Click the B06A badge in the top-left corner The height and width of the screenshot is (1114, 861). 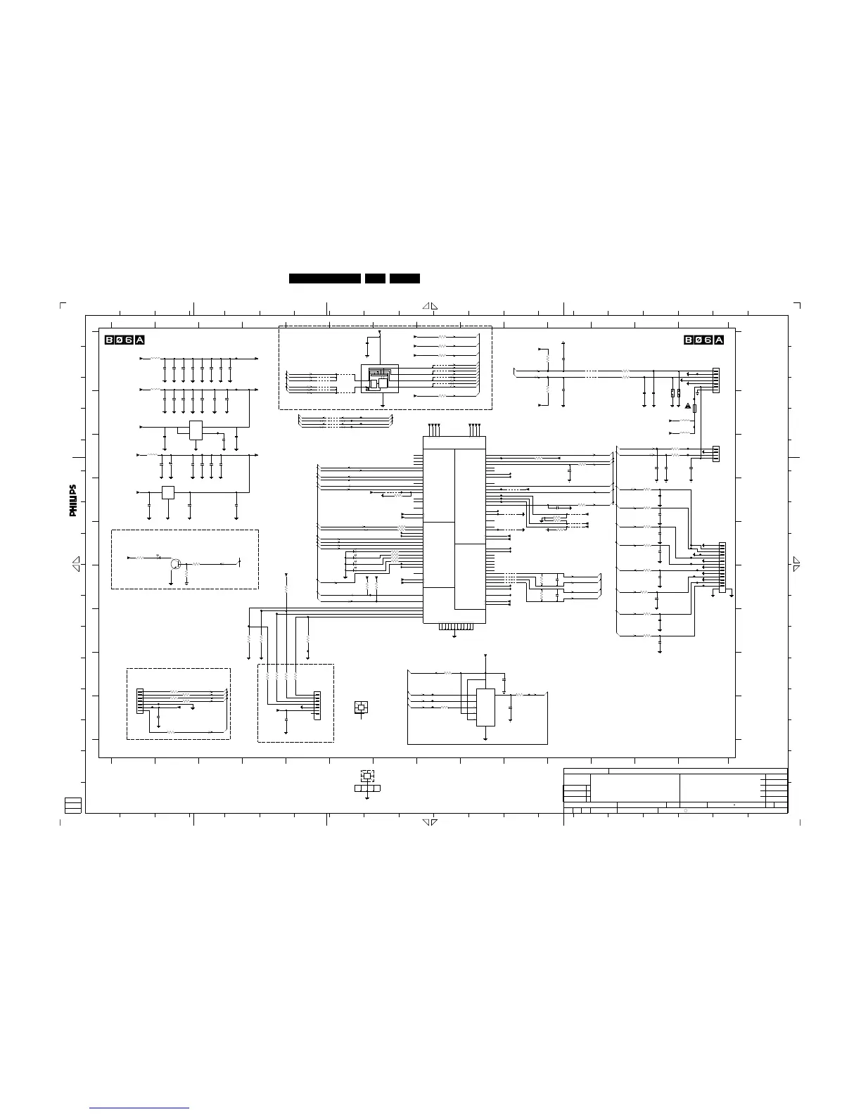click(x=125, y=340)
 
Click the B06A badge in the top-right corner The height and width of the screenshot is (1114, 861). click(x=704, y=340)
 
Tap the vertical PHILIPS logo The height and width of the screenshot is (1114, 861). click(x=73, y=500)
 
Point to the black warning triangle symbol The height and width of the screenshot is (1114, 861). click(x=688, y=406)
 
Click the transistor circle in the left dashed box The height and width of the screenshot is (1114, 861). click(x=175, y=564)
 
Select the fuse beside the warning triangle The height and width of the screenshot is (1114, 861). click(x=695, y=409)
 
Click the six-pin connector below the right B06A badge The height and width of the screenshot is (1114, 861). click(x=716, y=380)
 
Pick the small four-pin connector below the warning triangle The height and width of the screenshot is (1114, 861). click(x=716, y=454)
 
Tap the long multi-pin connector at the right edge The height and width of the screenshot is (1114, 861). click(x=722, y=568)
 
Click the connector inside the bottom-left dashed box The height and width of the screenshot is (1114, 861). click(x=140, y=700)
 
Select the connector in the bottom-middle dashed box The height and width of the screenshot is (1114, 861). click(x=317, y=705)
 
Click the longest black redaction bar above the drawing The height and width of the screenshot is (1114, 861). click(x=324, y=278)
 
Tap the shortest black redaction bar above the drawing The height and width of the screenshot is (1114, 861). click(x=376, y=278)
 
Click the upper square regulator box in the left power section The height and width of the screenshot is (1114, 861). click(x=196, y=430)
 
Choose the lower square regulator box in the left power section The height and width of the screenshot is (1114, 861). click(x=167, y=493)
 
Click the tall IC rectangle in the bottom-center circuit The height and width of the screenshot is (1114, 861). click(x=485, y=707)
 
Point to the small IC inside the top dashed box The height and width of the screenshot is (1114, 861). click(x=379, y=379)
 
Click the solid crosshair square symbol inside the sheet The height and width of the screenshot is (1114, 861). click(x=361, y=708)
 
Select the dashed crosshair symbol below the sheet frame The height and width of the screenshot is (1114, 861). click(x=367, y=776)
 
